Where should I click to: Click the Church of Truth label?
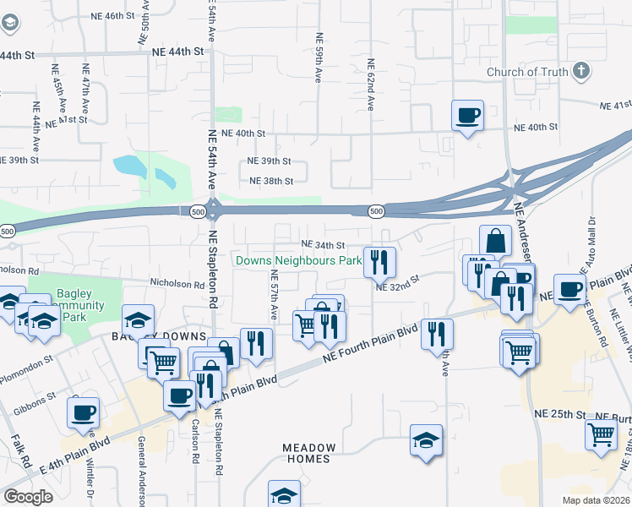click(x=527, y=72)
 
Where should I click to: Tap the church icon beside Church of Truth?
click(x=580, y=71)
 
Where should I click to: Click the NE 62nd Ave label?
click(x=370, y=84)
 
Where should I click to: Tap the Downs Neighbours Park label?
click(x=298, y=261)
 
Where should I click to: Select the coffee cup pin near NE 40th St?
click(x=466, y=116)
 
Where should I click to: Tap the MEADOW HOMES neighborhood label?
click(x=309, y=453)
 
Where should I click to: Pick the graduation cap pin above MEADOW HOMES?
click(x=427, y=440)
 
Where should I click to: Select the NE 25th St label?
click(x=560, y=414)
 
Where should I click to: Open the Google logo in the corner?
click(x=28, y=497)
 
